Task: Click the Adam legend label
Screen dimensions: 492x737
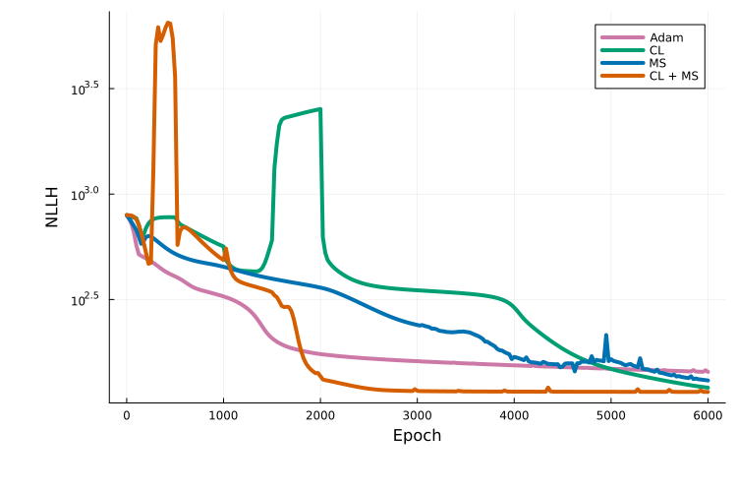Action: [x=666, y=37]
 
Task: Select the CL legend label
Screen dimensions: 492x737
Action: [x=656, y=50]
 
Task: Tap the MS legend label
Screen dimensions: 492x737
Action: [x=657, y=63]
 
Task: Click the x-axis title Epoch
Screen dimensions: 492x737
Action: [x=417, y=435]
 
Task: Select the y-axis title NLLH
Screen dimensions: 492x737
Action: [x=52, y=207]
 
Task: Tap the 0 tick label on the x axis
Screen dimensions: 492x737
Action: [x=126, y=415]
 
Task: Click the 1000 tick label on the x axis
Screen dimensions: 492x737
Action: [x=223, y=415]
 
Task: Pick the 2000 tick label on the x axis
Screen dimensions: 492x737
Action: [x=320, y=415]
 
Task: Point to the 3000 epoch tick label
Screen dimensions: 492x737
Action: [x=417, y=415]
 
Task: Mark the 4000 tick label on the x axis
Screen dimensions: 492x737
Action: [x=514, y=415]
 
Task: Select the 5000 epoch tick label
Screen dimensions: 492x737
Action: [x=611, y=415]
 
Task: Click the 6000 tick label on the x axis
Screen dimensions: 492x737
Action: [x=708, y=415]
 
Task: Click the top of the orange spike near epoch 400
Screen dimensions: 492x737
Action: [x=168, y=23]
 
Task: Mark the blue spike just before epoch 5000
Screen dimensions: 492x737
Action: [x=606, y=336]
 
